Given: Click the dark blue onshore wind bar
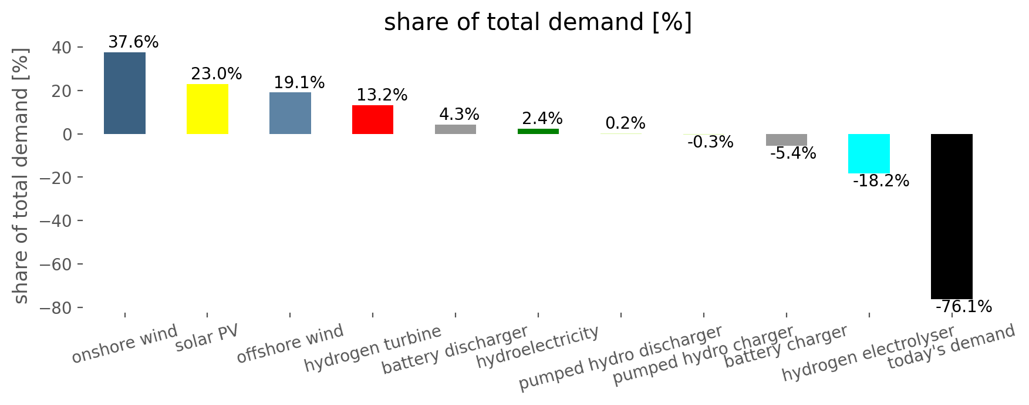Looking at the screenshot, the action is click(124, 93).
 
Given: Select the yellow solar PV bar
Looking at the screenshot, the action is click(207, 109).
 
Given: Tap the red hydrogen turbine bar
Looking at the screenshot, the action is click(373, 120).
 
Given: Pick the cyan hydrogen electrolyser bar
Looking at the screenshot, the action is click(869, 154).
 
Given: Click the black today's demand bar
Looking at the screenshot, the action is click(952, 216).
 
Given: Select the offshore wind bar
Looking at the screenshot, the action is click(290, 113).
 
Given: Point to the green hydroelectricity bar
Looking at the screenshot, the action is click(538, 132).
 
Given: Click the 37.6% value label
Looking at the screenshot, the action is click(133, 42).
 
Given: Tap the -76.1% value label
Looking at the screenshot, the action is click(963, 307).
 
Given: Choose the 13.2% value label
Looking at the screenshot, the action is click(382, 95).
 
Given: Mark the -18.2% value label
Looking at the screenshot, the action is click(880, 181).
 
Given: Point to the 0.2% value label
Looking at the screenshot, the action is click(625, 123).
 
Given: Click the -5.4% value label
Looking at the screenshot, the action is click(792, 153).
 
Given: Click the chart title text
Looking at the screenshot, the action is click(538, 22).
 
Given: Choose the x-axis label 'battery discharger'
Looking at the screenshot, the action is click(456, 350).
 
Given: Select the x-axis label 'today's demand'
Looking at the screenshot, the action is click(951, 347).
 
